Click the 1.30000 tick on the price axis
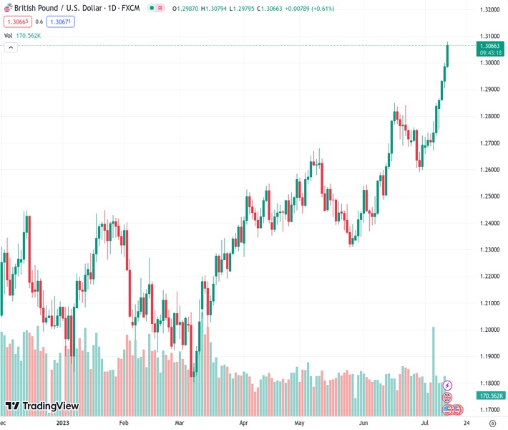tap(489, 63)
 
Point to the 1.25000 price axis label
tap(489, 196)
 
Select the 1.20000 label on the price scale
tap(489, 330)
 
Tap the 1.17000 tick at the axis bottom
tap(489, 410)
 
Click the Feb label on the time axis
tap(123, 423)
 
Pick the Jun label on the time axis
tap(364, 423)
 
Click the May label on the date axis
tap(301, 423)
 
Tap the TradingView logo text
tap(50, 406)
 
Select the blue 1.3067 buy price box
tap(60, 21)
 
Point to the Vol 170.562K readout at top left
tap(22, 35)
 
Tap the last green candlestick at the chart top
tap(447, 54)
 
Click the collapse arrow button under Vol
tap(11, 47)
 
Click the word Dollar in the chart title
tap(83, 9)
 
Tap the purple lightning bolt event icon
tap(448, 386)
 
